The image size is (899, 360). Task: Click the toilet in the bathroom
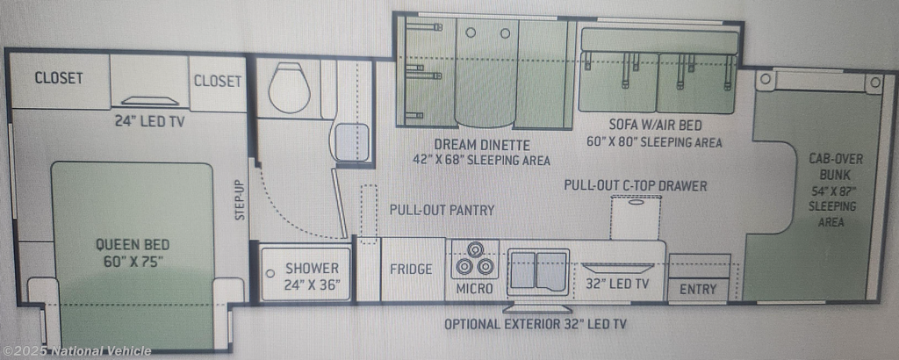tap(289, 88)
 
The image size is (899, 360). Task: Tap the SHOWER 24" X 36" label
tap(312, 276)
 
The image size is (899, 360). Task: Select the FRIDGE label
tap(411, 269)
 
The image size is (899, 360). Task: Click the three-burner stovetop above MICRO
tap(475, 260)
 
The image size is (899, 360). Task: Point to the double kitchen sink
tap(538, 271)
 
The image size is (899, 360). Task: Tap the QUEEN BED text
tap(133, 245)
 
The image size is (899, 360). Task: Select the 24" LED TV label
tap(148, 121)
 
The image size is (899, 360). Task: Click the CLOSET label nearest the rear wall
tap(59, 78)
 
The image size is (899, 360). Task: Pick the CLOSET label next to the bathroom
tap(218, 81)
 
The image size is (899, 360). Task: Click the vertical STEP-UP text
tap(240, 199)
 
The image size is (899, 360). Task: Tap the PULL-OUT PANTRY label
tap(442, 210)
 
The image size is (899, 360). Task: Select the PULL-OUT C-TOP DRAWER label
tap(636, 185)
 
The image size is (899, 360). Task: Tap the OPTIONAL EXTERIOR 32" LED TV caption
tap(535, 324)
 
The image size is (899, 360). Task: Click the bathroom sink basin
tap(351, 141)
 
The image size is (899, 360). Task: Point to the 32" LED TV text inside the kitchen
tap(617, 284)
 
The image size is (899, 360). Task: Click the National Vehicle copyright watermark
tap(77, 351)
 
